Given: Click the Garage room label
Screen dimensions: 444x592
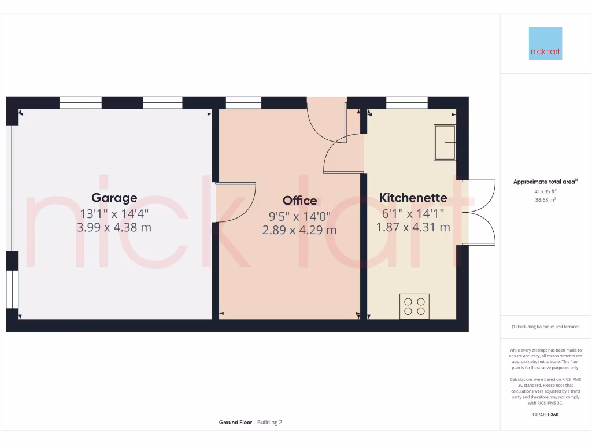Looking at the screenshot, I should point(114,198).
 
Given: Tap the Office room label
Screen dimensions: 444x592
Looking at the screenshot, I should point(299,201).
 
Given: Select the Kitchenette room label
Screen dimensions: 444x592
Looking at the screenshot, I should point(413,198).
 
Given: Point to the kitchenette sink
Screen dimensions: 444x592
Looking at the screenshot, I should point(445,142).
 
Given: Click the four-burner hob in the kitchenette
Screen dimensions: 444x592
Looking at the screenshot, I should point(415,306).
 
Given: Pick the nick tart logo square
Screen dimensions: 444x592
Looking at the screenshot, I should point(545,43).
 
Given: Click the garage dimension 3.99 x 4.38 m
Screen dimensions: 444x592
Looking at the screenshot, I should point(114,227).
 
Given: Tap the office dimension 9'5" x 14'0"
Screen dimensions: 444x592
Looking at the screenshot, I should point(299,216).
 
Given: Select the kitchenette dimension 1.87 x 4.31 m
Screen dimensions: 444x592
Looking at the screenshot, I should point(413,227).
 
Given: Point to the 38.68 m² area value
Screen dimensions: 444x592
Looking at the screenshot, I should point(545,199).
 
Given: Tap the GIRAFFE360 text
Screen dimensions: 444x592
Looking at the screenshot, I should point(545,415).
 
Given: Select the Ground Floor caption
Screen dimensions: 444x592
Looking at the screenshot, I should point(235,423).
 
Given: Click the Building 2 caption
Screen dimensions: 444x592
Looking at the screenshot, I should point(269,423).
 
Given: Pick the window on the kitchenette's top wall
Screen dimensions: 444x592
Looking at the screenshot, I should point(407,103).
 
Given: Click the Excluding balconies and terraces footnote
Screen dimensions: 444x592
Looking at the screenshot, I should point(545,327).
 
